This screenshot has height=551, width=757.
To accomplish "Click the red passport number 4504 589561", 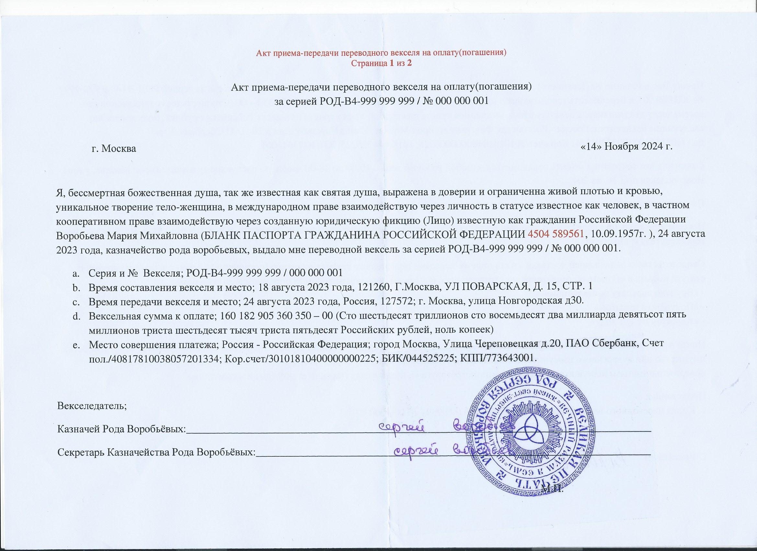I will point(556,234).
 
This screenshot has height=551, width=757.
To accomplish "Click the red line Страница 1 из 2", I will point(381,64).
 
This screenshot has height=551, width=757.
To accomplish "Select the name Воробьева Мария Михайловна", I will point(127,234).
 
